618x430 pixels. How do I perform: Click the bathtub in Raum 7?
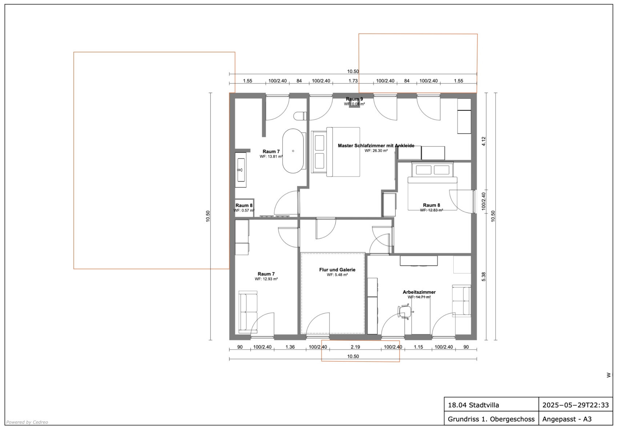[293, 151]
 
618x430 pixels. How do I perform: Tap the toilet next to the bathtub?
[300, 116]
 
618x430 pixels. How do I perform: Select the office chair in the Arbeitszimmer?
[405, 312]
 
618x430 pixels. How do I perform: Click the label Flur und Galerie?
[337, 270]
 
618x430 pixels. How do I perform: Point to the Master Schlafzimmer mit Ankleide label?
[376, 146]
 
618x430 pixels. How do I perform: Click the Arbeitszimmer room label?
[419, 292]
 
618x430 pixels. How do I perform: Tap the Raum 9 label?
[354, 99]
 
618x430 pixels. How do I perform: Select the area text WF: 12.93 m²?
[266, 279]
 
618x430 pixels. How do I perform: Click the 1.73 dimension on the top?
[353, 81]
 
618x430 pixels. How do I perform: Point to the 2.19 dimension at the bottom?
[356, 347]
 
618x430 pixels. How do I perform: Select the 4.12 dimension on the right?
[483, 141]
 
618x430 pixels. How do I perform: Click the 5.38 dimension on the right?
[483, 277]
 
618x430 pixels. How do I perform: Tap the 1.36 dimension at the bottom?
[290, 347]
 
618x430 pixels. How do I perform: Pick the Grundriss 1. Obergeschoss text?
[491, 419]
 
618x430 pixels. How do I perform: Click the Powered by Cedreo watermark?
[27, 422]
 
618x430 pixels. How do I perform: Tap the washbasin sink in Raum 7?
[241, 170]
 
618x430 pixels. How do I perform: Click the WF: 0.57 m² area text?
[244, 210]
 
